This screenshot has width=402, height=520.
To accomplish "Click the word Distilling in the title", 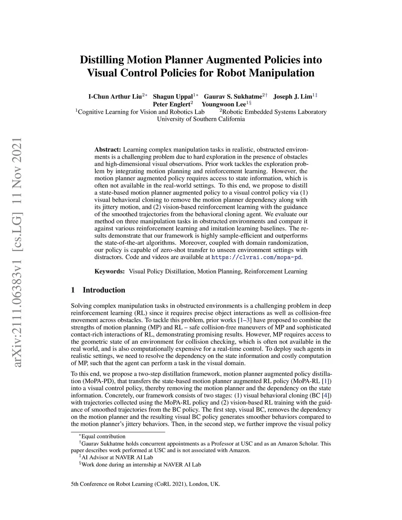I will point(100,60).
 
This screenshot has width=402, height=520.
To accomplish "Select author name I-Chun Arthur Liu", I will point(115,97).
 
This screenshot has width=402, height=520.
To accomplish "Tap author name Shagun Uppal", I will point(173,97).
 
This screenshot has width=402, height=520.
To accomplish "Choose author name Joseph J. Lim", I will point(292,97).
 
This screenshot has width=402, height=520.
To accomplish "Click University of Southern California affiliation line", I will point(201,119).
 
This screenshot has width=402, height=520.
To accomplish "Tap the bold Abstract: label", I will point(108,150).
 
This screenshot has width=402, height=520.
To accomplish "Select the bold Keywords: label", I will point(110,271).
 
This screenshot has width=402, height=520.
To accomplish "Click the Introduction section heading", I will point(104,290).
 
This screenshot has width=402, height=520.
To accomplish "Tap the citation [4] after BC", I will point(325,395).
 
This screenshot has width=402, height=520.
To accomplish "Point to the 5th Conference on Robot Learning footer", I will point(145,484).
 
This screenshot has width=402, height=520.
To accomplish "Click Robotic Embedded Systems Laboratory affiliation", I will point(274,112).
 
